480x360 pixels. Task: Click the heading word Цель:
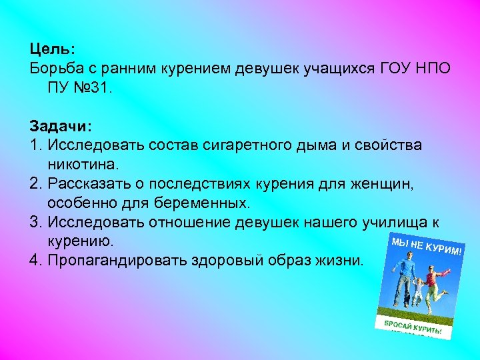[53, 49]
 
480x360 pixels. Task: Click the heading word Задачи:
[61, 125]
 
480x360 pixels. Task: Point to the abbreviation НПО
[431, 68]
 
